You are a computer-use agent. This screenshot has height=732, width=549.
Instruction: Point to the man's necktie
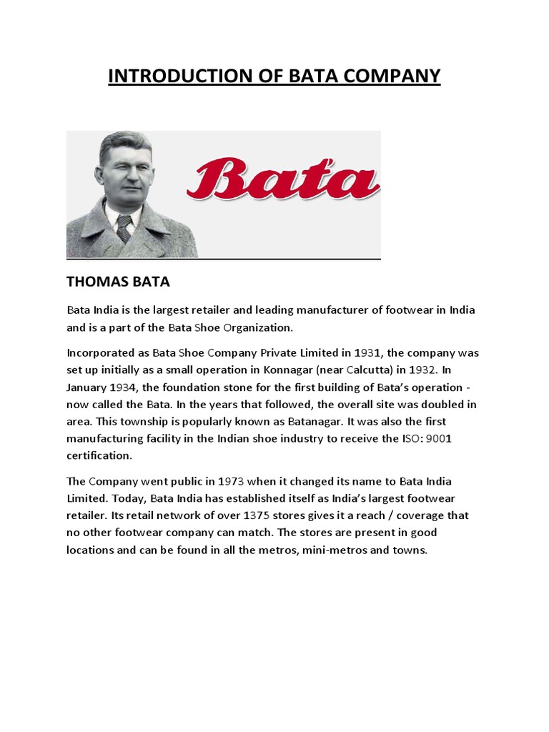pyautogui.click(x=124, y=227)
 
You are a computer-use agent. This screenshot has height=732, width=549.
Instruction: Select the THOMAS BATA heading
pyautogui.click(x=118, y=282)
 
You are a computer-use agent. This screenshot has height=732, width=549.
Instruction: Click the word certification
pyautogui.click(x=100, y=455)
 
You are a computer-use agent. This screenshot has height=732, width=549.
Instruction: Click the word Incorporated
pyautogui.click(x=102, y=352)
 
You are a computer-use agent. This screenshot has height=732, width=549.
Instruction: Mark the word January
pyautogui.click(x=88, y=387)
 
